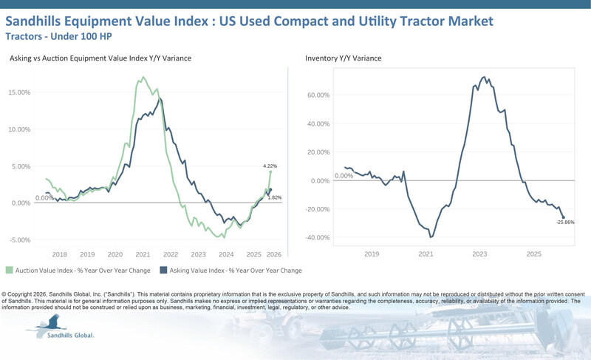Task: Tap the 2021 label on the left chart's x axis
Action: [143, 254]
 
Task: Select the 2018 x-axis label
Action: [60, 254]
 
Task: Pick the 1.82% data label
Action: [275, 198]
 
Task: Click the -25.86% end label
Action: [564, 222]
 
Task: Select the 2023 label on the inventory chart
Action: [479, 254]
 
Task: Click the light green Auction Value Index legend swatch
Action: [9, 271]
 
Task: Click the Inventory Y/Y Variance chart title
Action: [344, 58]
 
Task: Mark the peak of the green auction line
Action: [143, 77]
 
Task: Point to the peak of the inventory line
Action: [483, 77]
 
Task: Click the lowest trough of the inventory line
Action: [431, 237]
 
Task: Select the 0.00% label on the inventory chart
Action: [344, 176]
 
